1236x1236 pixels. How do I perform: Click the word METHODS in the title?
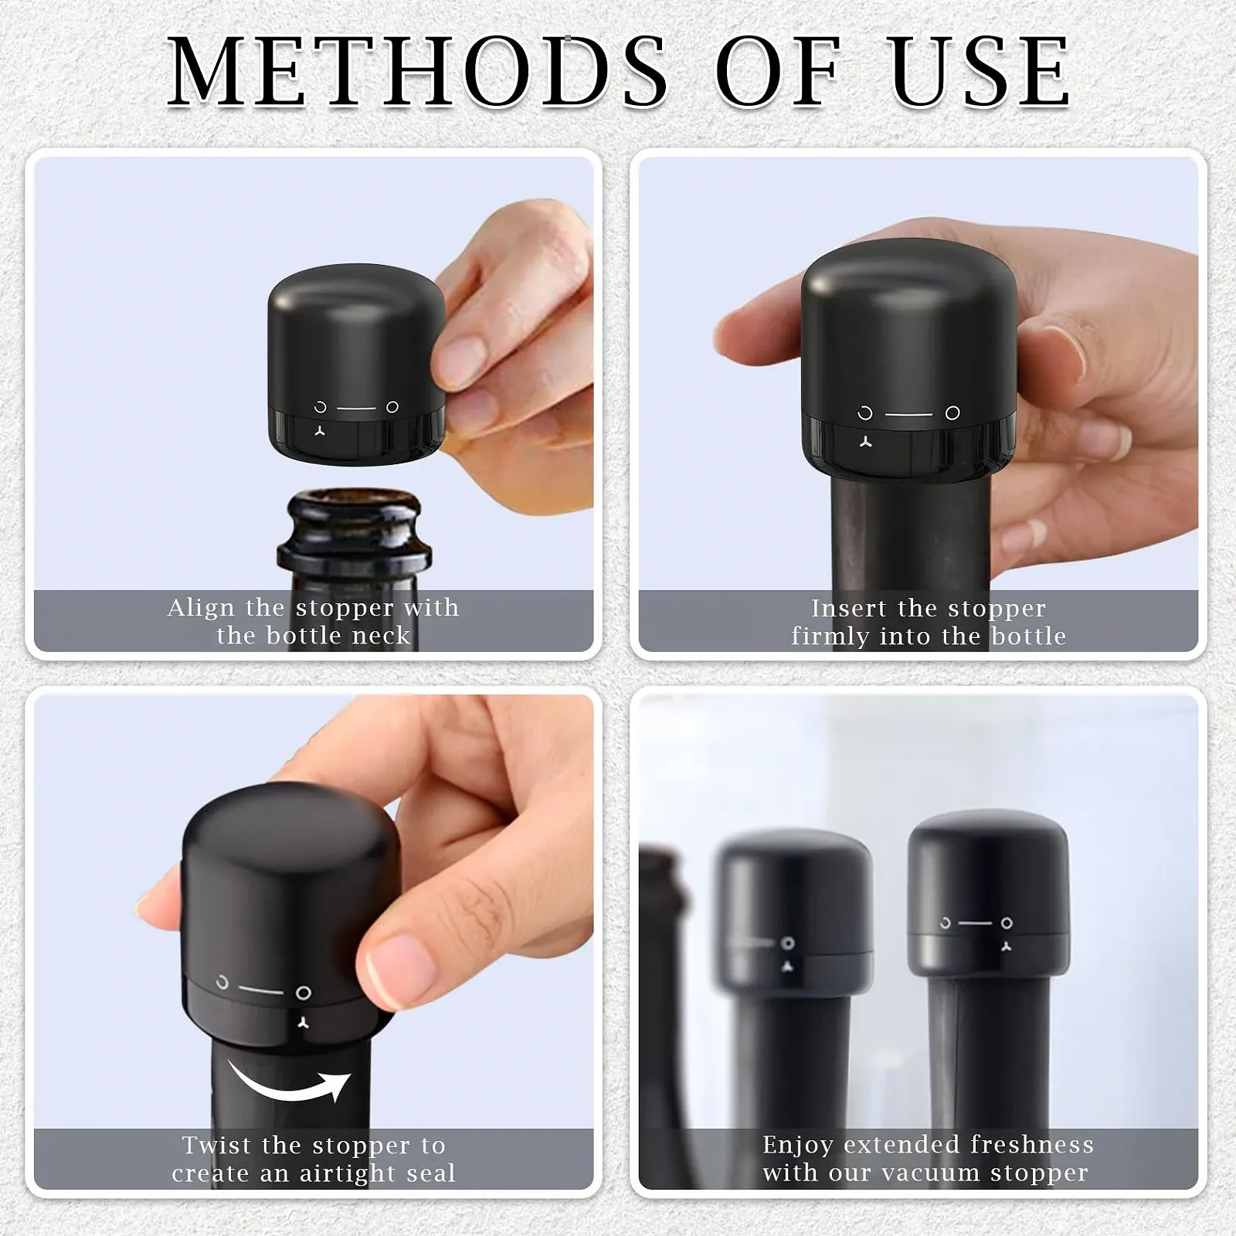tap(417, 71)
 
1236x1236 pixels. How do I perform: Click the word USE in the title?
tap(981, 71)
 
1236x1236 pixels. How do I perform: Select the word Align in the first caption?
tap(201, 609)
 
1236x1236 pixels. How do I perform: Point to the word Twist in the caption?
tap(217, 1145)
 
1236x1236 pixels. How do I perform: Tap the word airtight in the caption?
tap(348, 1174)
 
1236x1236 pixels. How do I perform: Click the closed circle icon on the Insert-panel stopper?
tap(952, 413)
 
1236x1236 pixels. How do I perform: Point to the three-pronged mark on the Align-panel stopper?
tap(320, 430)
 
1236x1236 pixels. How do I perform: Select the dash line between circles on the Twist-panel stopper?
tap(261, 990)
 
